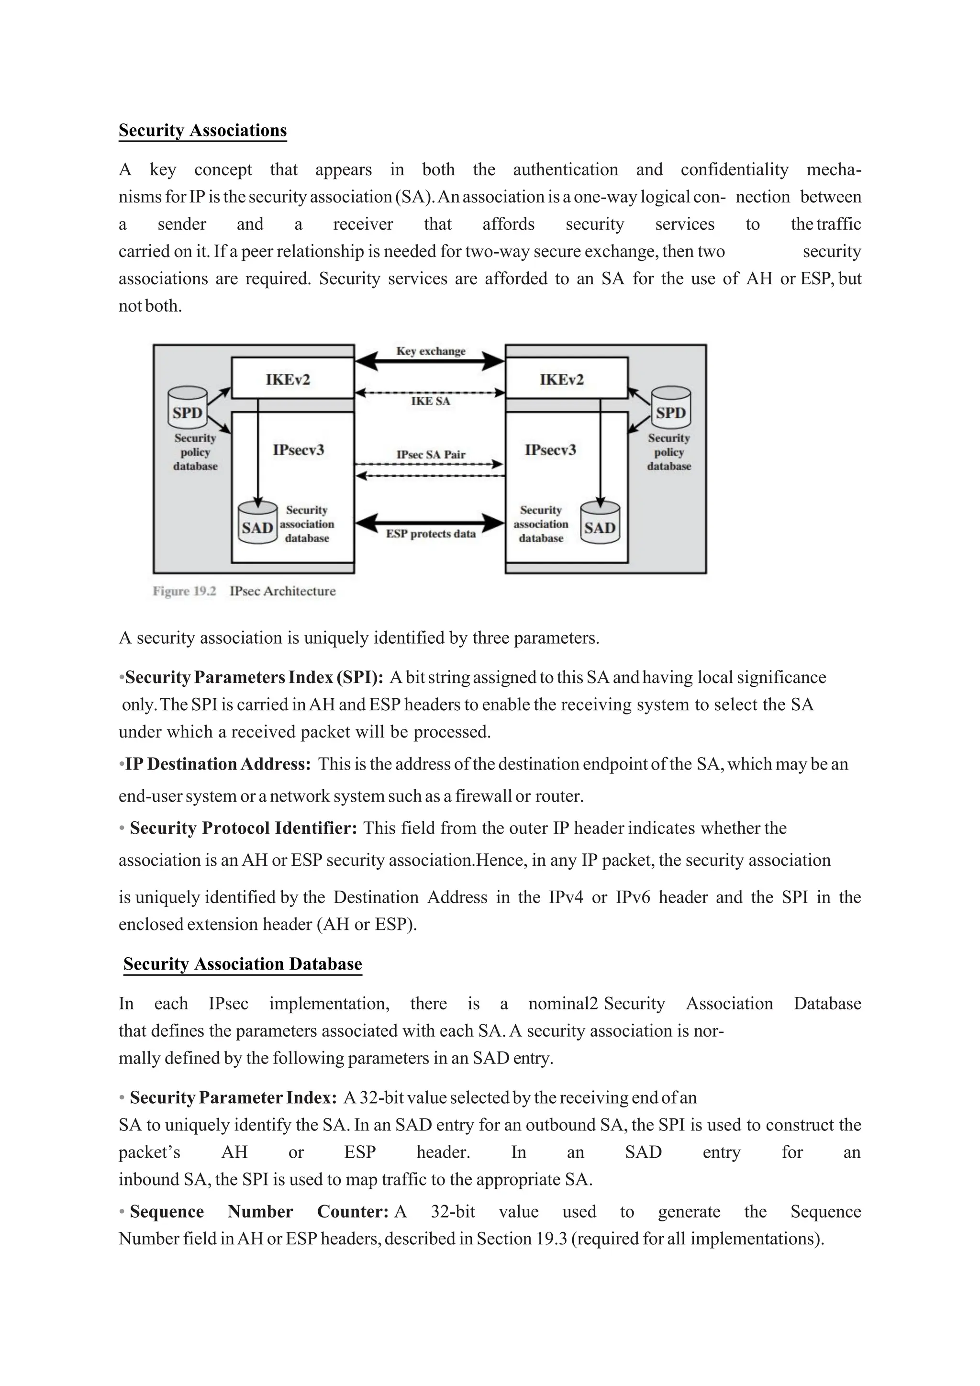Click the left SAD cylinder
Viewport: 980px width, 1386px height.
point(257,524)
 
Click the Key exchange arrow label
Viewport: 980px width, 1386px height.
point(430,351)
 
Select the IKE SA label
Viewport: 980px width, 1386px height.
point(430,401)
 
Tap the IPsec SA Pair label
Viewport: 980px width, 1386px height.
point(430,455)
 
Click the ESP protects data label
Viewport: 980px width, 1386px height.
point(430,534)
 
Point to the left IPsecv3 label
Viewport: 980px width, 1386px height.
point(298,450)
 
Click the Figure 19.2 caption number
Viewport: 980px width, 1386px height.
point(184,591)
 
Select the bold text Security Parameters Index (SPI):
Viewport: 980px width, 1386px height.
point(254,677)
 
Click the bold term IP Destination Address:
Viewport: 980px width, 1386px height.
point(218,764)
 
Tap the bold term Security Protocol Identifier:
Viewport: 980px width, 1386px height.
point(244,827)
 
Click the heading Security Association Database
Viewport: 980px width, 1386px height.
point(243,963)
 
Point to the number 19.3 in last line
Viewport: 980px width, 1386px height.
point(550,1239)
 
